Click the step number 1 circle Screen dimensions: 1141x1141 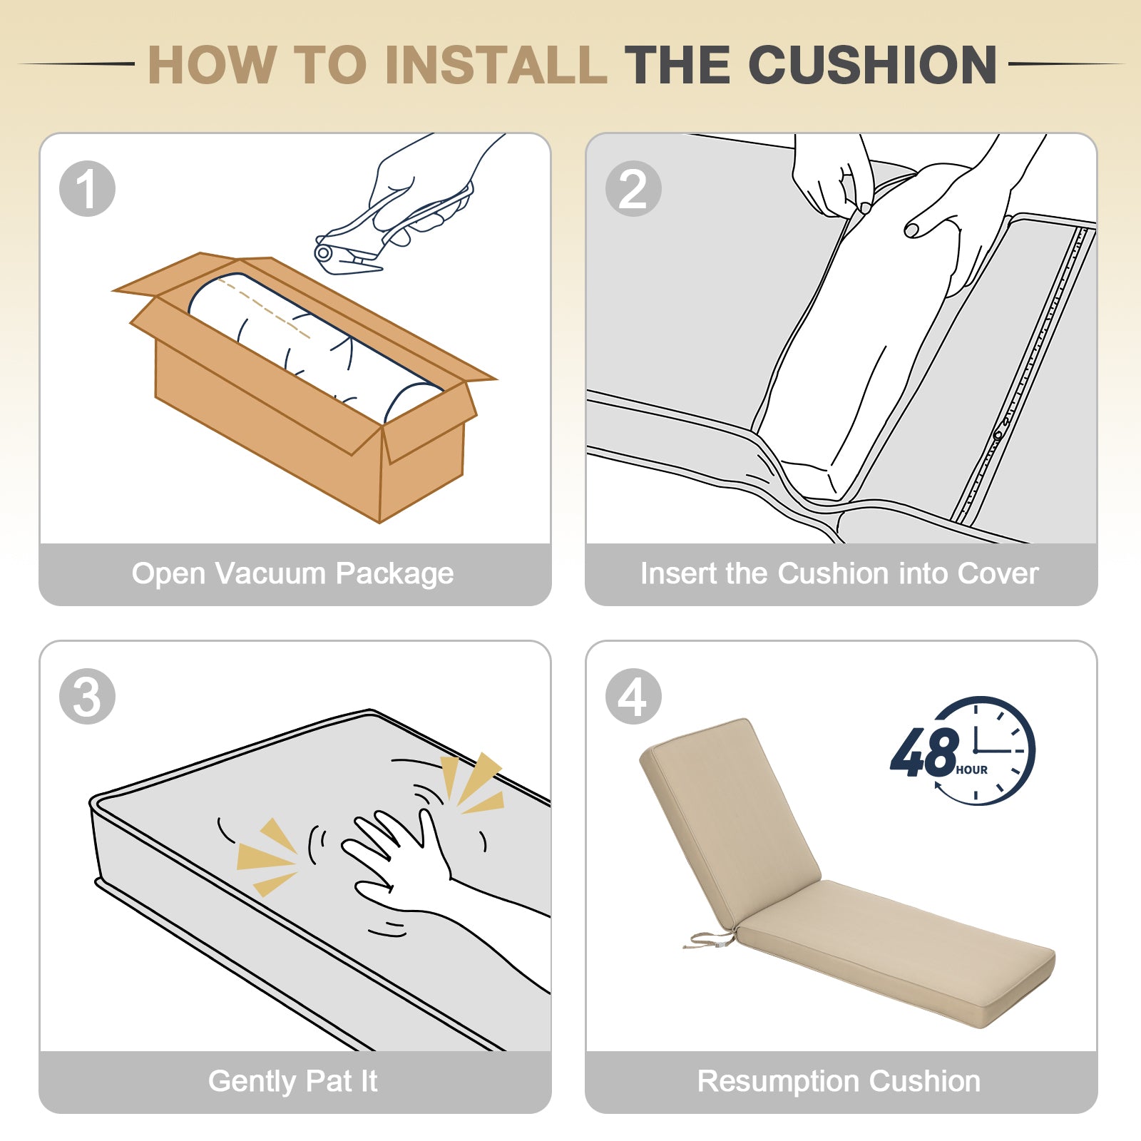click(x=87, y=189)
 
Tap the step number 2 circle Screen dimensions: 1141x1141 click(x=633, y=189)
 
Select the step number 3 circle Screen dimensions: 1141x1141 click(x=87, y=697)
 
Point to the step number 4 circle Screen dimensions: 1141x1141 click(x=633, y=697)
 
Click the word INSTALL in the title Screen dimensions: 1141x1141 click(x=496, y=65)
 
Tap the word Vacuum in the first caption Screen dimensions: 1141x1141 click(x=270, y=573)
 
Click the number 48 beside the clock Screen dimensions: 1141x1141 click(x=925, y=752)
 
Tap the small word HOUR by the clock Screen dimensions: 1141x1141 click(x=971, y=770)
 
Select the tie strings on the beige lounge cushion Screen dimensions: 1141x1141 click(x=708, y=940)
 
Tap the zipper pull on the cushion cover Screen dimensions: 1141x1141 click(x=998, y=434)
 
